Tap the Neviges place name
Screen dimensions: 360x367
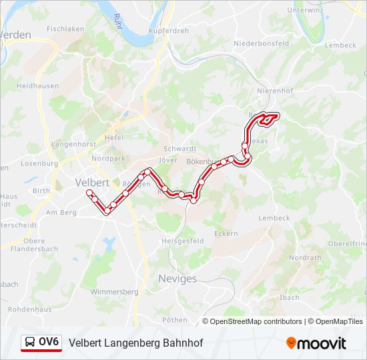click(x=177, y=279)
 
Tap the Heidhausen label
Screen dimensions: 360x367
click(x=37, y=86)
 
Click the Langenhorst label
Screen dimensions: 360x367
click(x=74, y=144)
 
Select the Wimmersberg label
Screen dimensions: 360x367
click(x=113, y=292)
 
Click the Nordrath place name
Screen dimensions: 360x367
click(x=306, y=257)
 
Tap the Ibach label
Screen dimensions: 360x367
click(x=290, y=297)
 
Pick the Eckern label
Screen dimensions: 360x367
click(x=226, y=233)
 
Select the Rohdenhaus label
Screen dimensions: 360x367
click(x=29, y=309)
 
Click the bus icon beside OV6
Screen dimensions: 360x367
click(x=30, y=343)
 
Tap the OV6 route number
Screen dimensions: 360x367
click(x=49, y=343)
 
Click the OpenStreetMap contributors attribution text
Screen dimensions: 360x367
click(x=256, y=321)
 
